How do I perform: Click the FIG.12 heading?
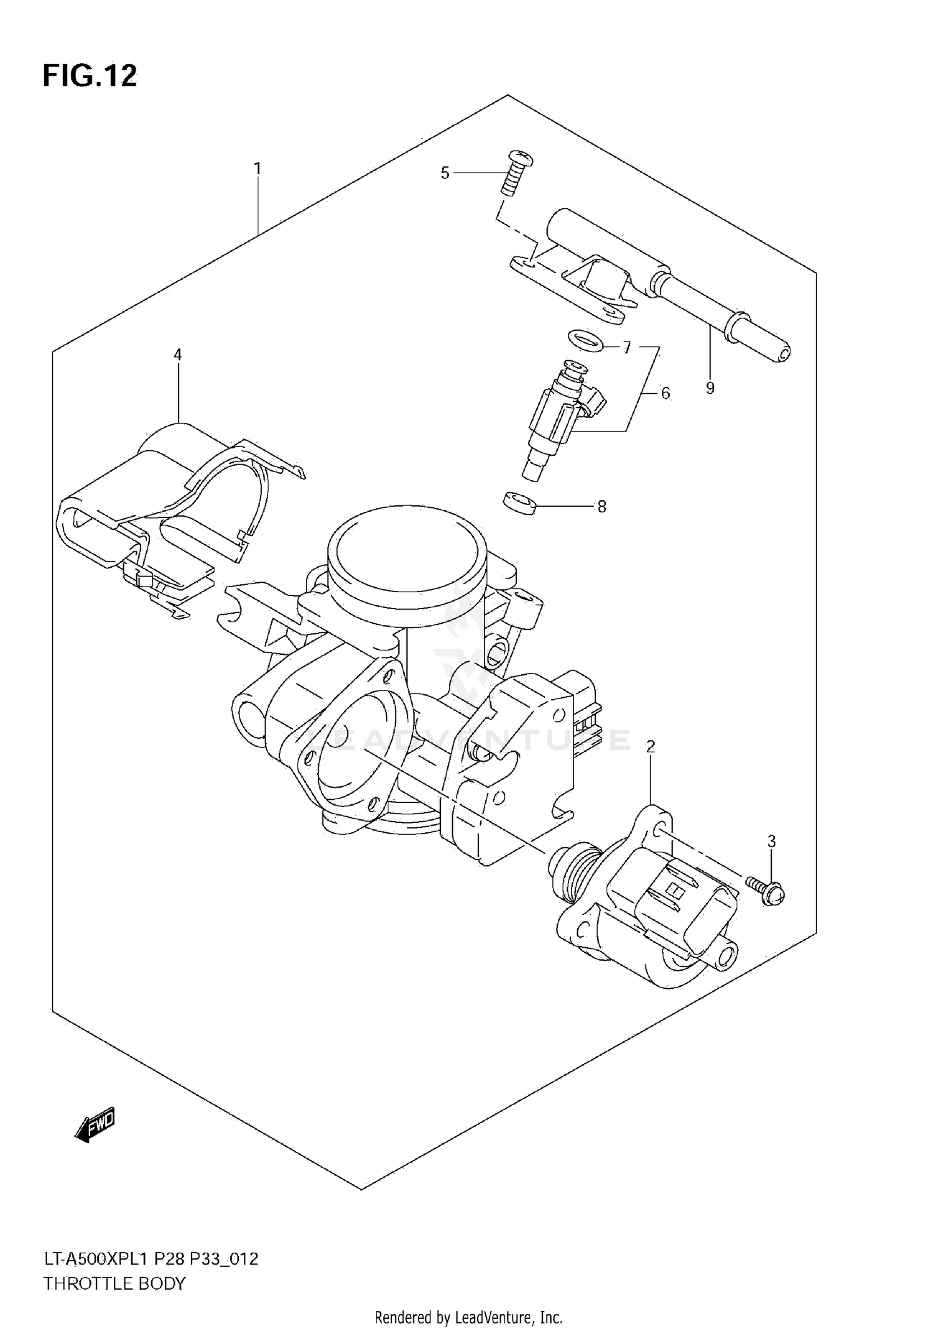pos(89,76)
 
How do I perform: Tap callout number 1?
pos(257,168)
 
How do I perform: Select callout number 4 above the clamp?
pos(178,355)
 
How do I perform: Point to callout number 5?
pos(445,173)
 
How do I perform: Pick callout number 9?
pos(710,388)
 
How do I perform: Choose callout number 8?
pos(602,507)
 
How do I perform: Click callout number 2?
pos(650,746)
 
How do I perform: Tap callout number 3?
pos(771,841)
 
